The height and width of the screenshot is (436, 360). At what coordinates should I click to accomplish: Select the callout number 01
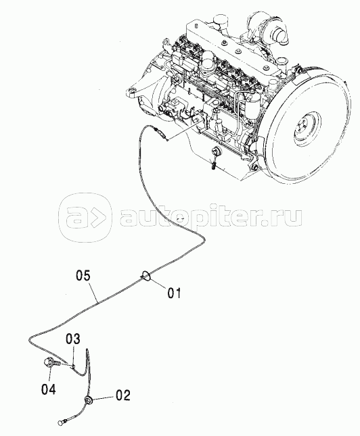[x=174, y=293]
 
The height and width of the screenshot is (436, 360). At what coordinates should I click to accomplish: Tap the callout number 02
[x=123, y=395]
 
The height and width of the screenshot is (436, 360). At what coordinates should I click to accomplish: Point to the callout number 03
[x=72, y=339]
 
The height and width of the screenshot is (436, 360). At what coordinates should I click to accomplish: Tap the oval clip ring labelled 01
[x=146, y=276]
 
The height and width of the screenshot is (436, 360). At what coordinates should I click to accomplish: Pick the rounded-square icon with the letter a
[x=86, y=218]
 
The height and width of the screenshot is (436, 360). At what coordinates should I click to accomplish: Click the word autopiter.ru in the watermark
[x=210, y=218]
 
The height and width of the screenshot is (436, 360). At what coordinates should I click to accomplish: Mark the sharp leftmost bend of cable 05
[x=30, y=339]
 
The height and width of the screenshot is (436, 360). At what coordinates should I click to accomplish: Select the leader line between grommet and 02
[x=104, y=399]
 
